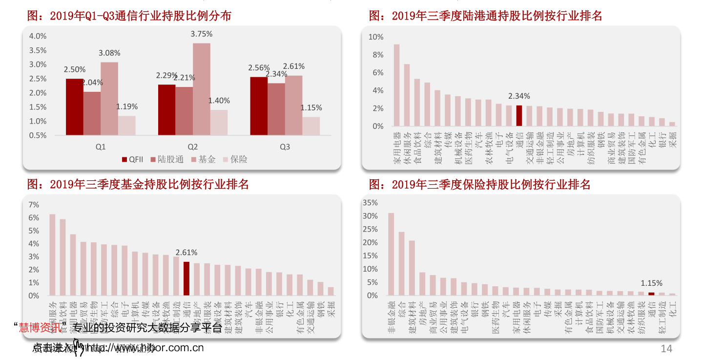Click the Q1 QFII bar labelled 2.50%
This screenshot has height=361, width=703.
pos(74,106)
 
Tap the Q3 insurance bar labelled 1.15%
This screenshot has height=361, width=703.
pos(311,126)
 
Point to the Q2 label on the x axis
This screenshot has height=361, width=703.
pos(193,147)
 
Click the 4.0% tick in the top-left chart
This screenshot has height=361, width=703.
pos(38,36)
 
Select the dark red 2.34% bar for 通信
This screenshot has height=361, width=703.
pos(519,116)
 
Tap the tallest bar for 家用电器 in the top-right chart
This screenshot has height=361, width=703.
pos(396,85)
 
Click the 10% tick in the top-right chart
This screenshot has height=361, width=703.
pos(376,37)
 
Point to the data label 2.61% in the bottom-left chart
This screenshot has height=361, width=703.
pos(186,253)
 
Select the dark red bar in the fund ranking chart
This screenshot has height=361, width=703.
pos(186,278)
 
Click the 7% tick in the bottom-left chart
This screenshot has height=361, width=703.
pos(34,204)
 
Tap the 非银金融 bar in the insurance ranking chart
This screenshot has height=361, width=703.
pos(391,254)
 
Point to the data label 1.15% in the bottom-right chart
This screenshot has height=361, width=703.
pos(651,283)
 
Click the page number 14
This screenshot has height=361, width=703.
pos(666,348)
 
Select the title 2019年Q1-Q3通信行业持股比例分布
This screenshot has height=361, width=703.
pos(129,16)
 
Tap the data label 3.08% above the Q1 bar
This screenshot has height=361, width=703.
pos(109,53)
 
